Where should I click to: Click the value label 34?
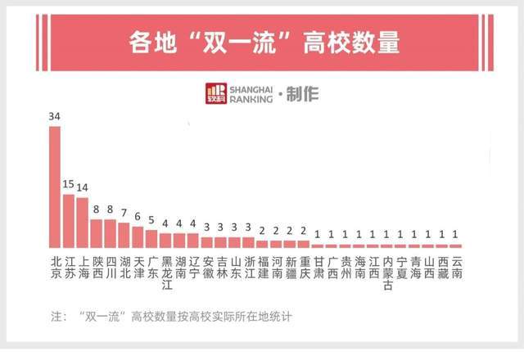55,117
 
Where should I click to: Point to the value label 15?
69,184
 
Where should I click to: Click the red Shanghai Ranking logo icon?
216,93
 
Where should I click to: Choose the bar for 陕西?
96,233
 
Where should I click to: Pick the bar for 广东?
151,238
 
